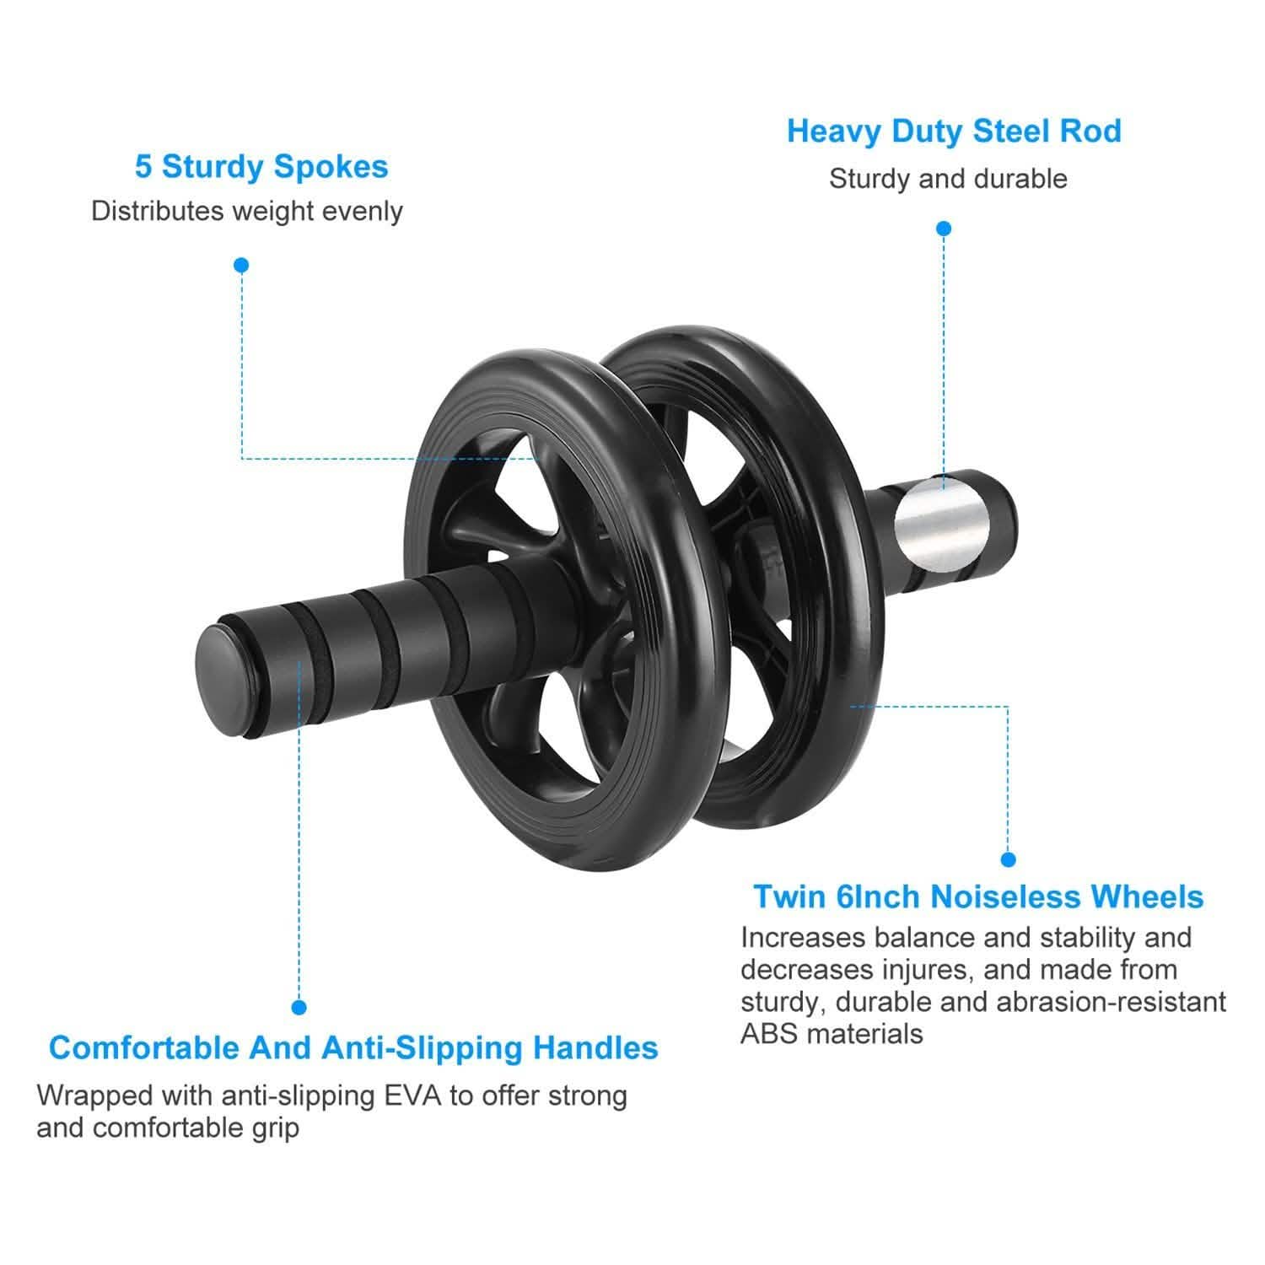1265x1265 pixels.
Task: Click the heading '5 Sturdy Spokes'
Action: (x=261, y=167)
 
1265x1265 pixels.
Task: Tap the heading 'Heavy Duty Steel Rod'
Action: (x=954, y=132)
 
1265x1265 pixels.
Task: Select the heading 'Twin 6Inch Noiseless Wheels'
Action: (x=978, y=896)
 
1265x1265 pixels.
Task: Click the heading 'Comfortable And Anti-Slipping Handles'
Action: (x=353, y=1047)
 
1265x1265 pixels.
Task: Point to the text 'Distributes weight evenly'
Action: (x=247, y=211)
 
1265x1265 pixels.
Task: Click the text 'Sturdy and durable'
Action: (x=948, y=179)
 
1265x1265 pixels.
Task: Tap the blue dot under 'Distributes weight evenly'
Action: (x=242, y=265)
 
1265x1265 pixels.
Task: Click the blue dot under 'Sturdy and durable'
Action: (x=945, y=229)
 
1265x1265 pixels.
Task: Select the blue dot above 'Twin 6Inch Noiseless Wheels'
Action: (x=1008, y=859)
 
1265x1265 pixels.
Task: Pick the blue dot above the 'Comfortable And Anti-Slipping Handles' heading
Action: (x=299, y=1007)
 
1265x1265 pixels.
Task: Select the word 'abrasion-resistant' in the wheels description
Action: (x=1112, y=1002)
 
